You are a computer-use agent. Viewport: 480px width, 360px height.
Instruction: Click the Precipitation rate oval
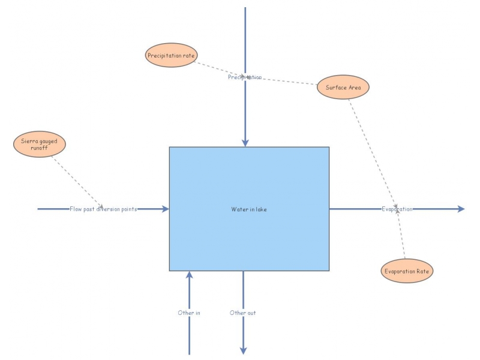pos(172,55)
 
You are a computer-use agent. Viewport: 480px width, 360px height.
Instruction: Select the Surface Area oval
pos(343,88)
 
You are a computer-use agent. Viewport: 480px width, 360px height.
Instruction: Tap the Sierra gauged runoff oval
pos(39,145)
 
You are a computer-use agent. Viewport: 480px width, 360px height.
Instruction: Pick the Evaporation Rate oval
pos(407,271)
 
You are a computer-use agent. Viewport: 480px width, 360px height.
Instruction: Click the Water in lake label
pos(249,209)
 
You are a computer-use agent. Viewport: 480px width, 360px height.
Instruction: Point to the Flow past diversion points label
pos(103,209)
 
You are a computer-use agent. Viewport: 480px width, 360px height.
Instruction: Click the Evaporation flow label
pos(397,209)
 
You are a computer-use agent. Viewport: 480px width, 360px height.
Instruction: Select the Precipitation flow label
pos(245,77)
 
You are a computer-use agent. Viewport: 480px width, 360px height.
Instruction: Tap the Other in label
pos(189,313)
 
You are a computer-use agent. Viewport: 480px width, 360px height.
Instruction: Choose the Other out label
pos(243,313)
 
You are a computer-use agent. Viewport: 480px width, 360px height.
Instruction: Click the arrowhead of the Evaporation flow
pos(461,209)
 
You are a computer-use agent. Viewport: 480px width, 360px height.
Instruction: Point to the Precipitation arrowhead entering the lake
pos(245,143)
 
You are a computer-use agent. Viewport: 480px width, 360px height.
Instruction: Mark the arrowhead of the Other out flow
pos(243,350)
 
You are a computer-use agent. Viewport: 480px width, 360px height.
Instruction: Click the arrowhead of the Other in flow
pos(189,275)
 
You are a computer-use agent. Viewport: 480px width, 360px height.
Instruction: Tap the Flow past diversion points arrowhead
pos(165,209)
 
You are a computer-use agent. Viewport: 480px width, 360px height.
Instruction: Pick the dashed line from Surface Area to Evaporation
pos(372,150)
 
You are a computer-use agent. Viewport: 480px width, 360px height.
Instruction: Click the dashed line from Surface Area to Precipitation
pos(288,81)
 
